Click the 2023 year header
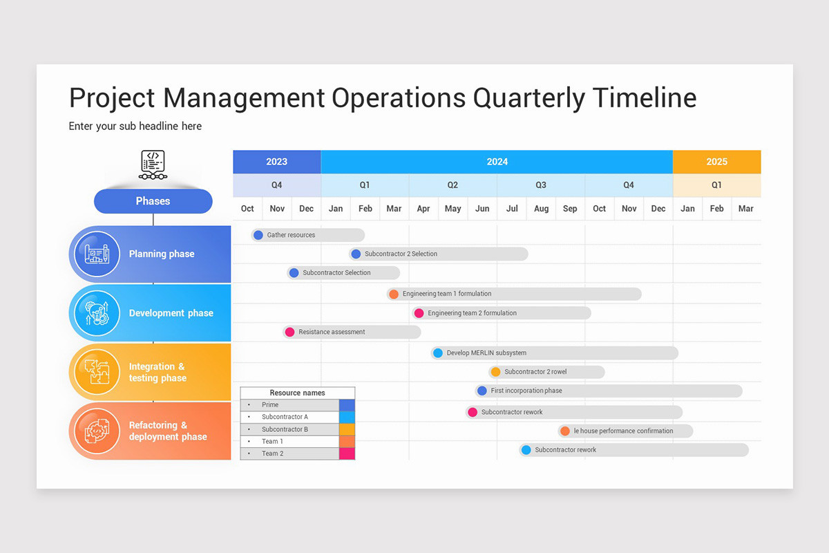click(276, 162)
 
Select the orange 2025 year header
click(716, 162)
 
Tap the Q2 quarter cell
click(452, 185)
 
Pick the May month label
click(452, 209)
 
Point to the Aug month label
click(541, 209)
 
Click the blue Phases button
click(153, 201)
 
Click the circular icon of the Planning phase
click(97, 254)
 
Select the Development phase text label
click(171, 313)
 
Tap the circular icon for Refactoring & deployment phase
click(97, 431)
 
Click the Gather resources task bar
click(308, 235)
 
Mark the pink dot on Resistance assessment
click(290, 332)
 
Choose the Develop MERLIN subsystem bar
click(555, 353)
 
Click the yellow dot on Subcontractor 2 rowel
click(495, 372)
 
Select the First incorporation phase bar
click(609, 391)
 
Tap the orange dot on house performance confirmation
click(565, 431)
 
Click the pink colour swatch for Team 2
click(347, 453)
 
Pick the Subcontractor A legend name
click(285, 417)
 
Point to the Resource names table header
click(297, 393)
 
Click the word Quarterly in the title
click(528, 98)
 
